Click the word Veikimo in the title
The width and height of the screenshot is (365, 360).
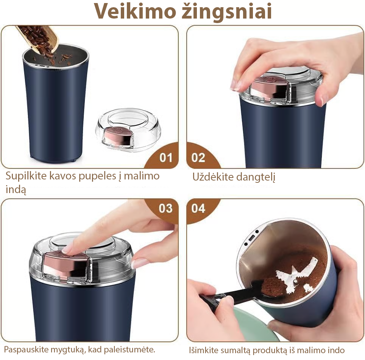[x=135, y=11]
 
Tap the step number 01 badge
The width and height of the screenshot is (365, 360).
[x=166, y=157]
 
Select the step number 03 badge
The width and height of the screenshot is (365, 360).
[x=165, y=208]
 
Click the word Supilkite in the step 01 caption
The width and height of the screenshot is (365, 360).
[x=26, y=176]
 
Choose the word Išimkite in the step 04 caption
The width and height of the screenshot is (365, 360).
[x=204, y=350]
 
